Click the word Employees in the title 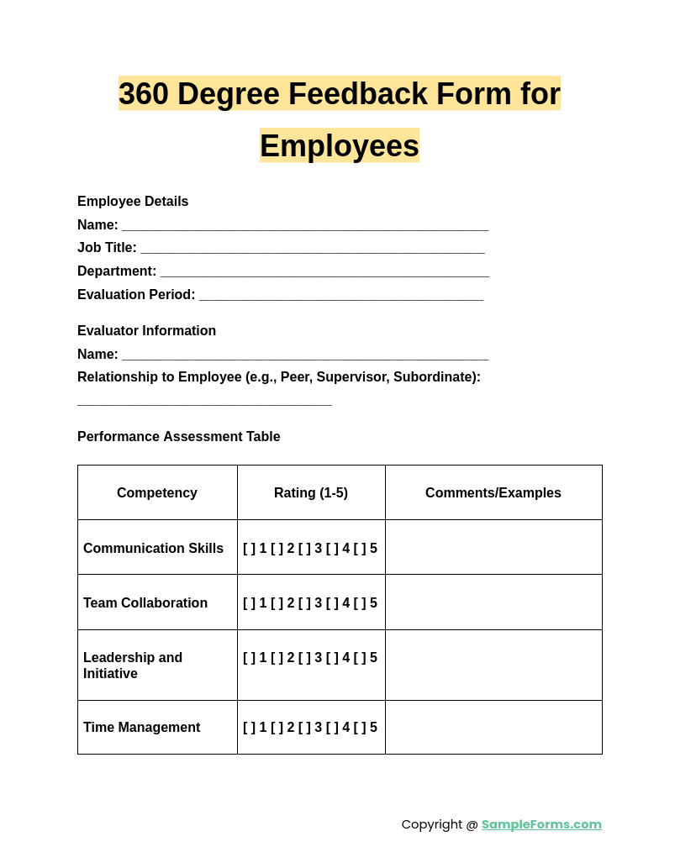click(339, 146)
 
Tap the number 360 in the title click(144, 94)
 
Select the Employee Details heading click(133, 202)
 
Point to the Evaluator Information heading click(146, 331)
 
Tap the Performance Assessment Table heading click(178, 437)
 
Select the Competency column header click(157, 493)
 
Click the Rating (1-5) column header click(311, 493)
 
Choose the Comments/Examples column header click(493, 493)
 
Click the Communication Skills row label click(153, 549)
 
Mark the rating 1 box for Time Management click(249, 728)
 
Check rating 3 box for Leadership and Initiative click(304, 658)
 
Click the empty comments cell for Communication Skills click(493, 548)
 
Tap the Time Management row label click(141, 728)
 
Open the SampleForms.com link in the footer click(541, 824)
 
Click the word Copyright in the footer click(432, 824)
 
